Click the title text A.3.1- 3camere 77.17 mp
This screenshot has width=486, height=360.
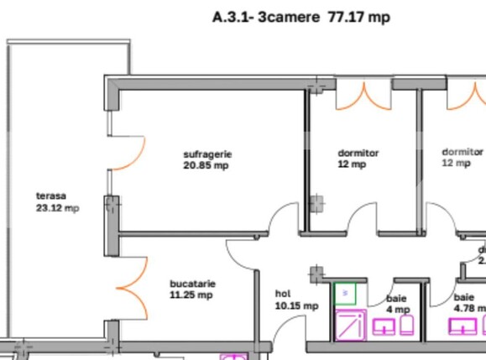pyautogui.click(x=301, y=17)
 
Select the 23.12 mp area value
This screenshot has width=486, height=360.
pyautogui.click(x=58, y=207)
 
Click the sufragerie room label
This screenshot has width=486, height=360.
pyautogui.click(x=206, y=154)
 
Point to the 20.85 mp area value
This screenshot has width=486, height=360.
pyautogui.click(x=206, y=165)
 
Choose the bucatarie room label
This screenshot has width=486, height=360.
pyautogui.click(x=191, y=284)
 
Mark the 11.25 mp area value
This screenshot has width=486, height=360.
pyautogui.click(x=191, y=295)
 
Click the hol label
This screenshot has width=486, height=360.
pyautogui.click(x=283, y=294)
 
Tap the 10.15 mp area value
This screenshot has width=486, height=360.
pyautogui.click(x=297, y=306)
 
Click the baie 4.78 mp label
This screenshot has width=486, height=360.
pyautogui.click(x=467, y=302)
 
